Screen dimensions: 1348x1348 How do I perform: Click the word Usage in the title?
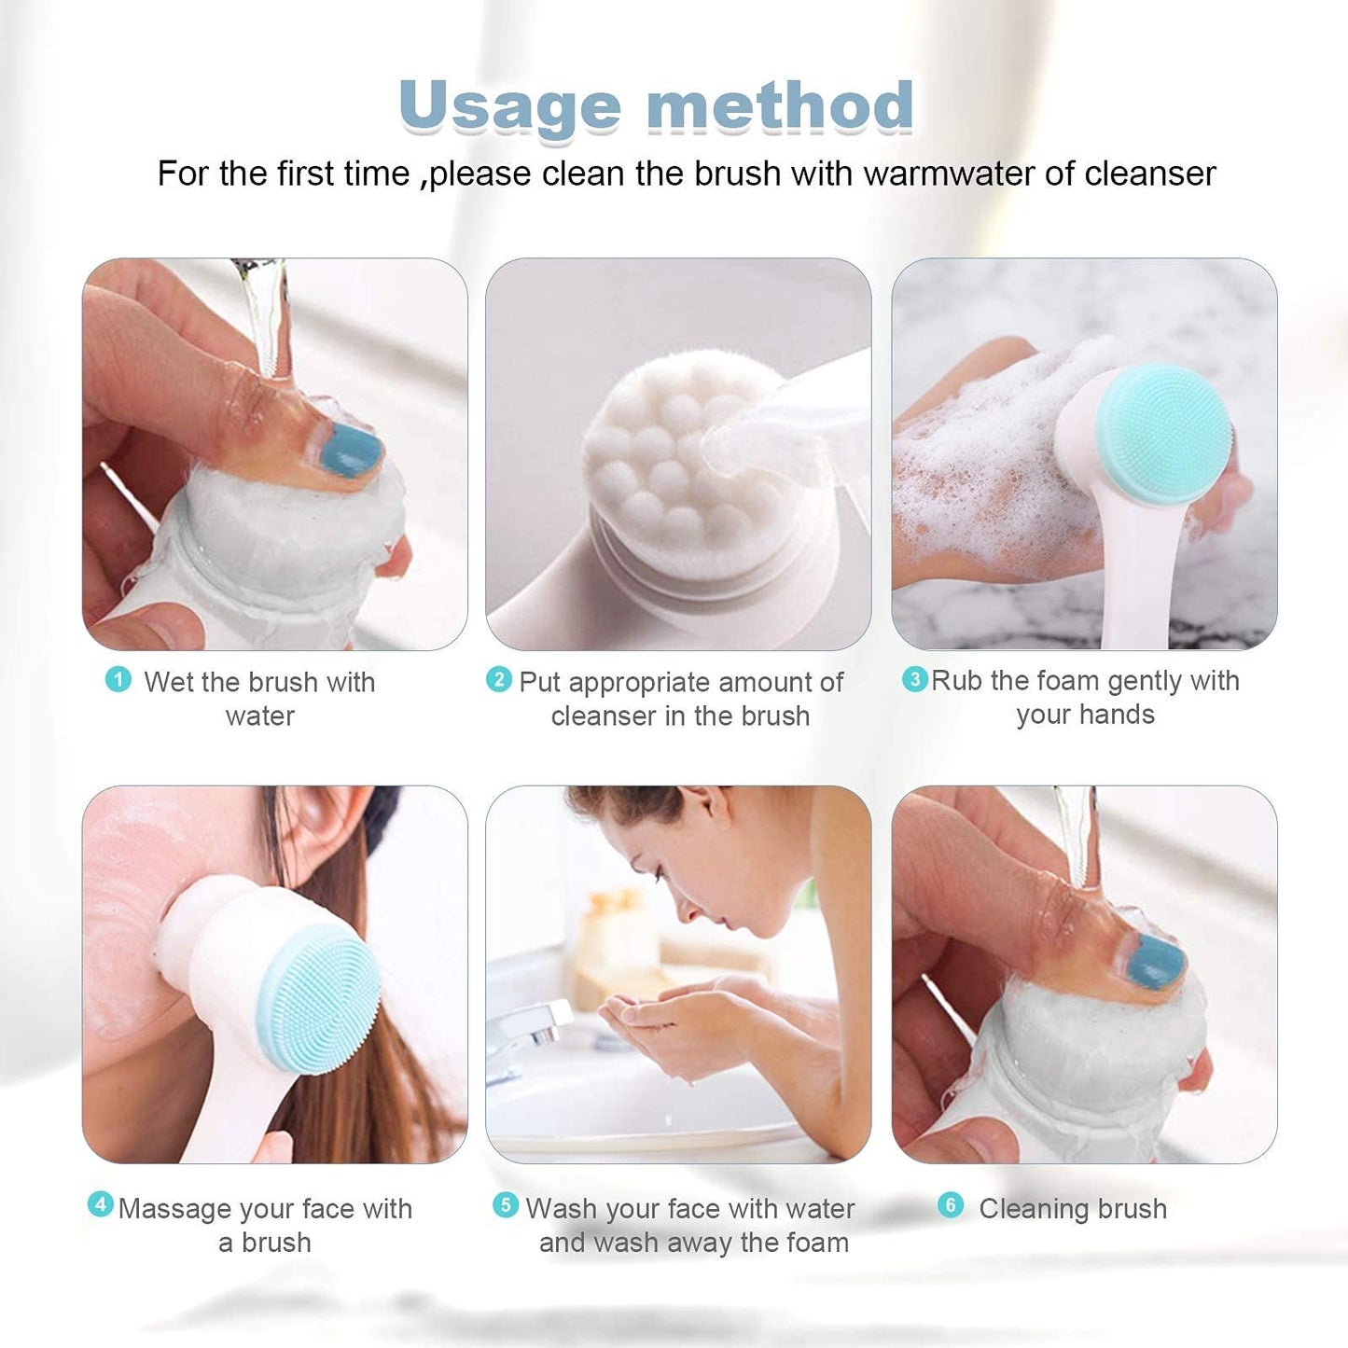pyautogui.click(x=508, y=106)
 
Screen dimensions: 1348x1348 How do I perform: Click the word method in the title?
pyautogui.click(x=780, y=104)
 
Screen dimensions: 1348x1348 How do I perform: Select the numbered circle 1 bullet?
pyautogui.click(x=118, y=679)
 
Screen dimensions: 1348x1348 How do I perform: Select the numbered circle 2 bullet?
pyautogui.click(x=499, y=679)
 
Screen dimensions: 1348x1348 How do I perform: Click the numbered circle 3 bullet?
pyautogui.click(x=914, y=679)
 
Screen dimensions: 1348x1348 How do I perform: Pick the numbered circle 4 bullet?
pyautogui.click(x=100, y=1204)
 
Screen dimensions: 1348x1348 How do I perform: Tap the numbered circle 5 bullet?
pyautogui.click(x=505, y=1204)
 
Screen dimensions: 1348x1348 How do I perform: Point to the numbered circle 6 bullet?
pyautogui.click(x=950, y=1204)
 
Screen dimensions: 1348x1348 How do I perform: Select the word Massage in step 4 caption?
pyautogui.click(x=174, y=1209)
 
